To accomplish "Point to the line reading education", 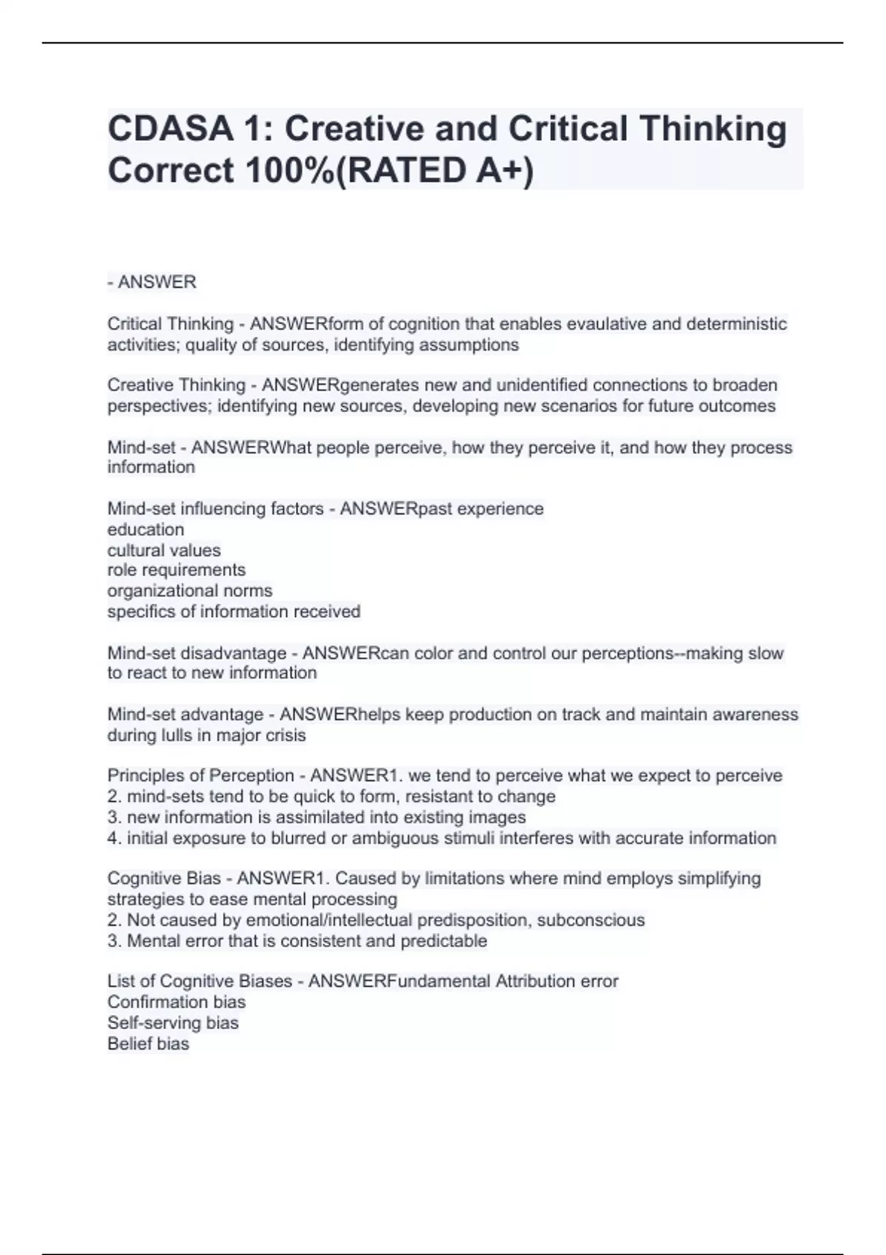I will pos(145,529).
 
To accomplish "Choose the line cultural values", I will pos(164,550).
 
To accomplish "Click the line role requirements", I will pos(176,570).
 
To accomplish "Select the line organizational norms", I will pos(190,591).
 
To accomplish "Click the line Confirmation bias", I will pos(176,1002).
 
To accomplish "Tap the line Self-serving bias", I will pos(173,1022).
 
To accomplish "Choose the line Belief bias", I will pos(148,1043).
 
